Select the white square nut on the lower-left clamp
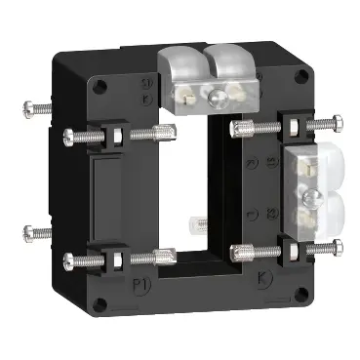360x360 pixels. click(113, 260)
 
